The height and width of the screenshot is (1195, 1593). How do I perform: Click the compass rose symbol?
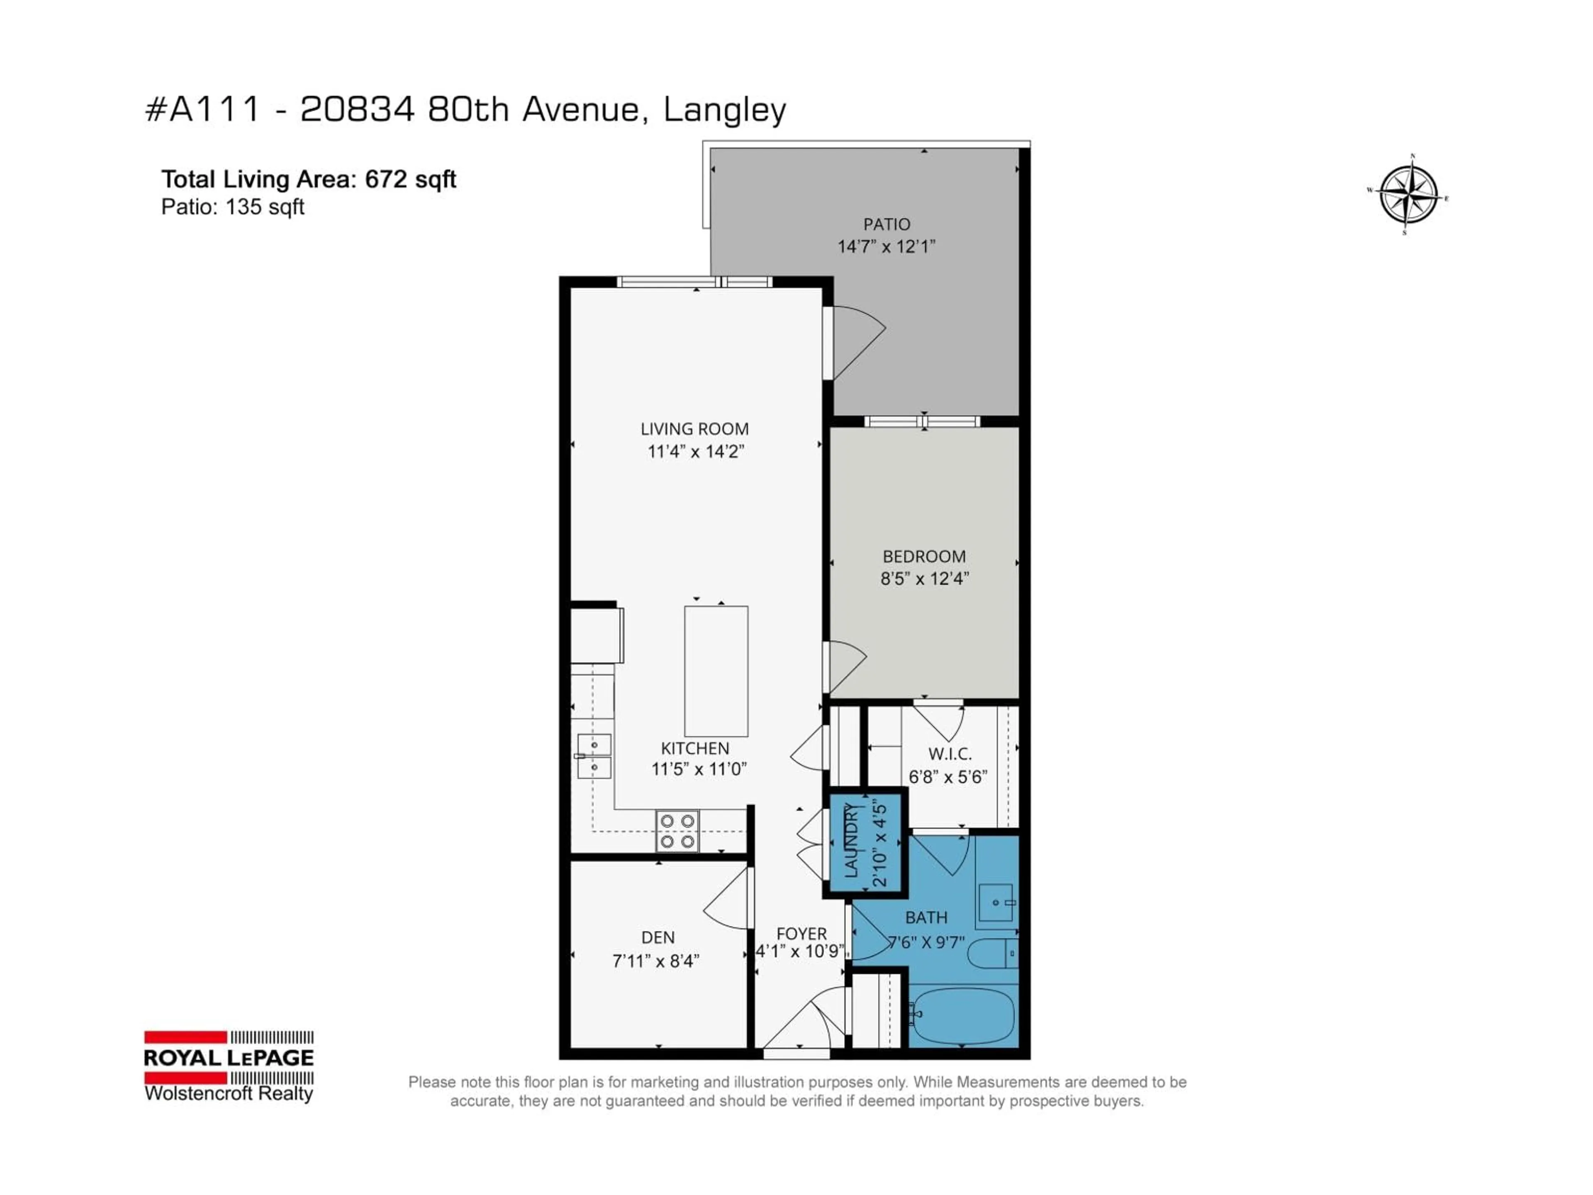[x=1408, y=195]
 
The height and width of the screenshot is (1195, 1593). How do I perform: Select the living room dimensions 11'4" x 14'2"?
[x=695, y=451]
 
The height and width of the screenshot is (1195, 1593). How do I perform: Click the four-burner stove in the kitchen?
[x=677, y=831]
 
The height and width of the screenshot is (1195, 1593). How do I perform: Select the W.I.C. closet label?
[x=949, y=754]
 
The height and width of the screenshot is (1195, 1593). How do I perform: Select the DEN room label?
[x=658, y=937]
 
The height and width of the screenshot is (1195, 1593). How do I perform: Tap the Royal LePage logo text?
[x=229, y=1057]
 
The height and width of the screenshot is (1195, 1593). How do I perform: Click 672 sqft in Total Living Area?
[x=411, y=179]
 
